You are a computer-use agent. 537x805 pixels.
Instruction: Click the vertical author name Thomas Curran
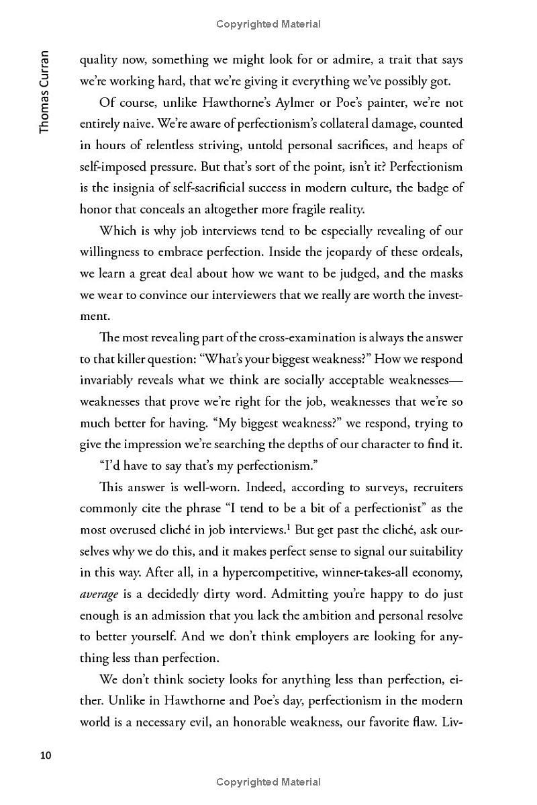point(44,91)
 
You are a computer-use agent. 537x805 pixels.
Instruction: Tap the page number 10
point(46,755)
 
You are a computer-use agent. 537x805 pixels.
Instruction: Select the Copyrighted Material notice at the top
point(268,24)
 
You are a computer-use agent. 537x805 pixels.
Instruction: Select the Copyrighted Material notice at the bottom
point(268,781)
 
